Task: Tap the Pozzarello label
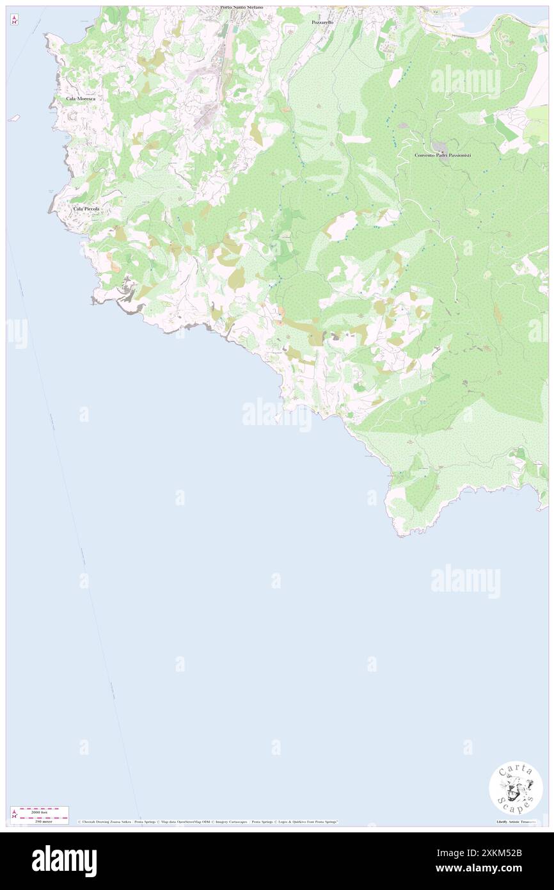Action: [x=323, y=22]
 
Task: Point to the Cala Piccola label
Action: [x=86, y=209]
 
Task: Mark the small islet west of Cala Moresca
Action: [x=13, y=118]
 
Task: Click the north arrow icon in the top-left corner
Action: [x=14, y=20]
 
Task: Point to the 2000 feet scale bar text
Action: [x=40, y=811]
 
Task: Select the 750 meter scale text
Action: [x=40, y=820]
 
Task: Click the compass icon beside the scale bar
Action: [x=14, y=814]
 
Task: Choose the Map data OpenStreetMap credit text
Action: [x=186, y=821]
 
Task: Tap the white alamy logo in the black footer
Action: [x=64, y=861]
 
